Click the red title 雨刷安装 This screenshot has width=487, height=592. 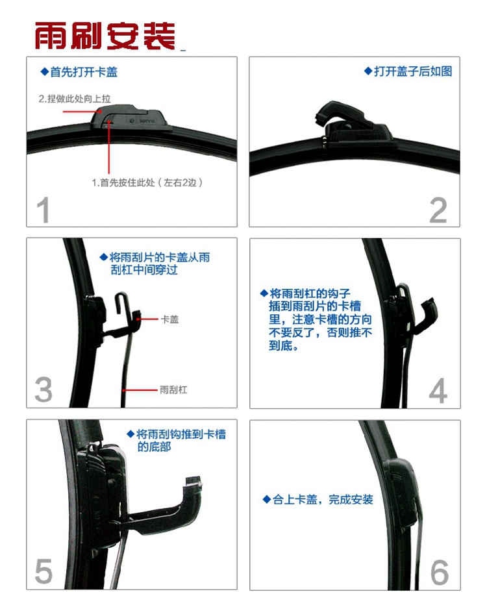[105, 36]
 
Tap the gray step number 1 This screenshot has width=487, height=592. [43, 210]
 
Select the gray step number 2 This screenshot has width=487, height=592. [438, 210]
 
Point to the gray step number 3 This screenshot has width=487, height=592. [44, 390]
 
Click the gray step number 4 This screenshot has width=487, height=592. [438, 390]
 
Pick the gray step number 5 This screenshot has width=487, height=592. [43, 571]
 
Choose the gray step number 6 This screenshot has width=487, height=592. [440, 572]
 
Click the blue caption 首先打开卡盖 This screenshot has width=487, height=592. [79, 72]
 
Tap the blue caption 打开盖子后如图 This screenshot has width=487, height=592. [408, 71]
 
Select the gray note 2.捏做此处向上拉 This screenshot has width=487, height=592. [75, 99]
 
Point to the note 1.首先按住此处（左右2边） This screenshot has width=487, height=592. [147, 182]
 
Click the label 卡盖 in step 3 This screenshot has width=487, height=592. [169, 319]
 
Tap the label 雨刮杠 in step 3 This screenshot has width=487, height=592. [173, 389]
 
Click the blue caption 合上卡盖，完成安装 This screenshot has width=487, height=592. [318, 500]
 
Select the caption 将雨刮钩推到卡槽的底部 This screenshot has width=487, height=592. [177, 440]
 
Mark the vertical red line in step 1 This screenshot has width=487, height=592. [109, 147]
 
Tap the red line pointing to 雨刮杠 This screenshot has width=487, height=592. [140, 390]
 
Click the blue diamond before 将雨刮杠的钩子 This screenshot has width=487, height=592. [264, 293]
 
